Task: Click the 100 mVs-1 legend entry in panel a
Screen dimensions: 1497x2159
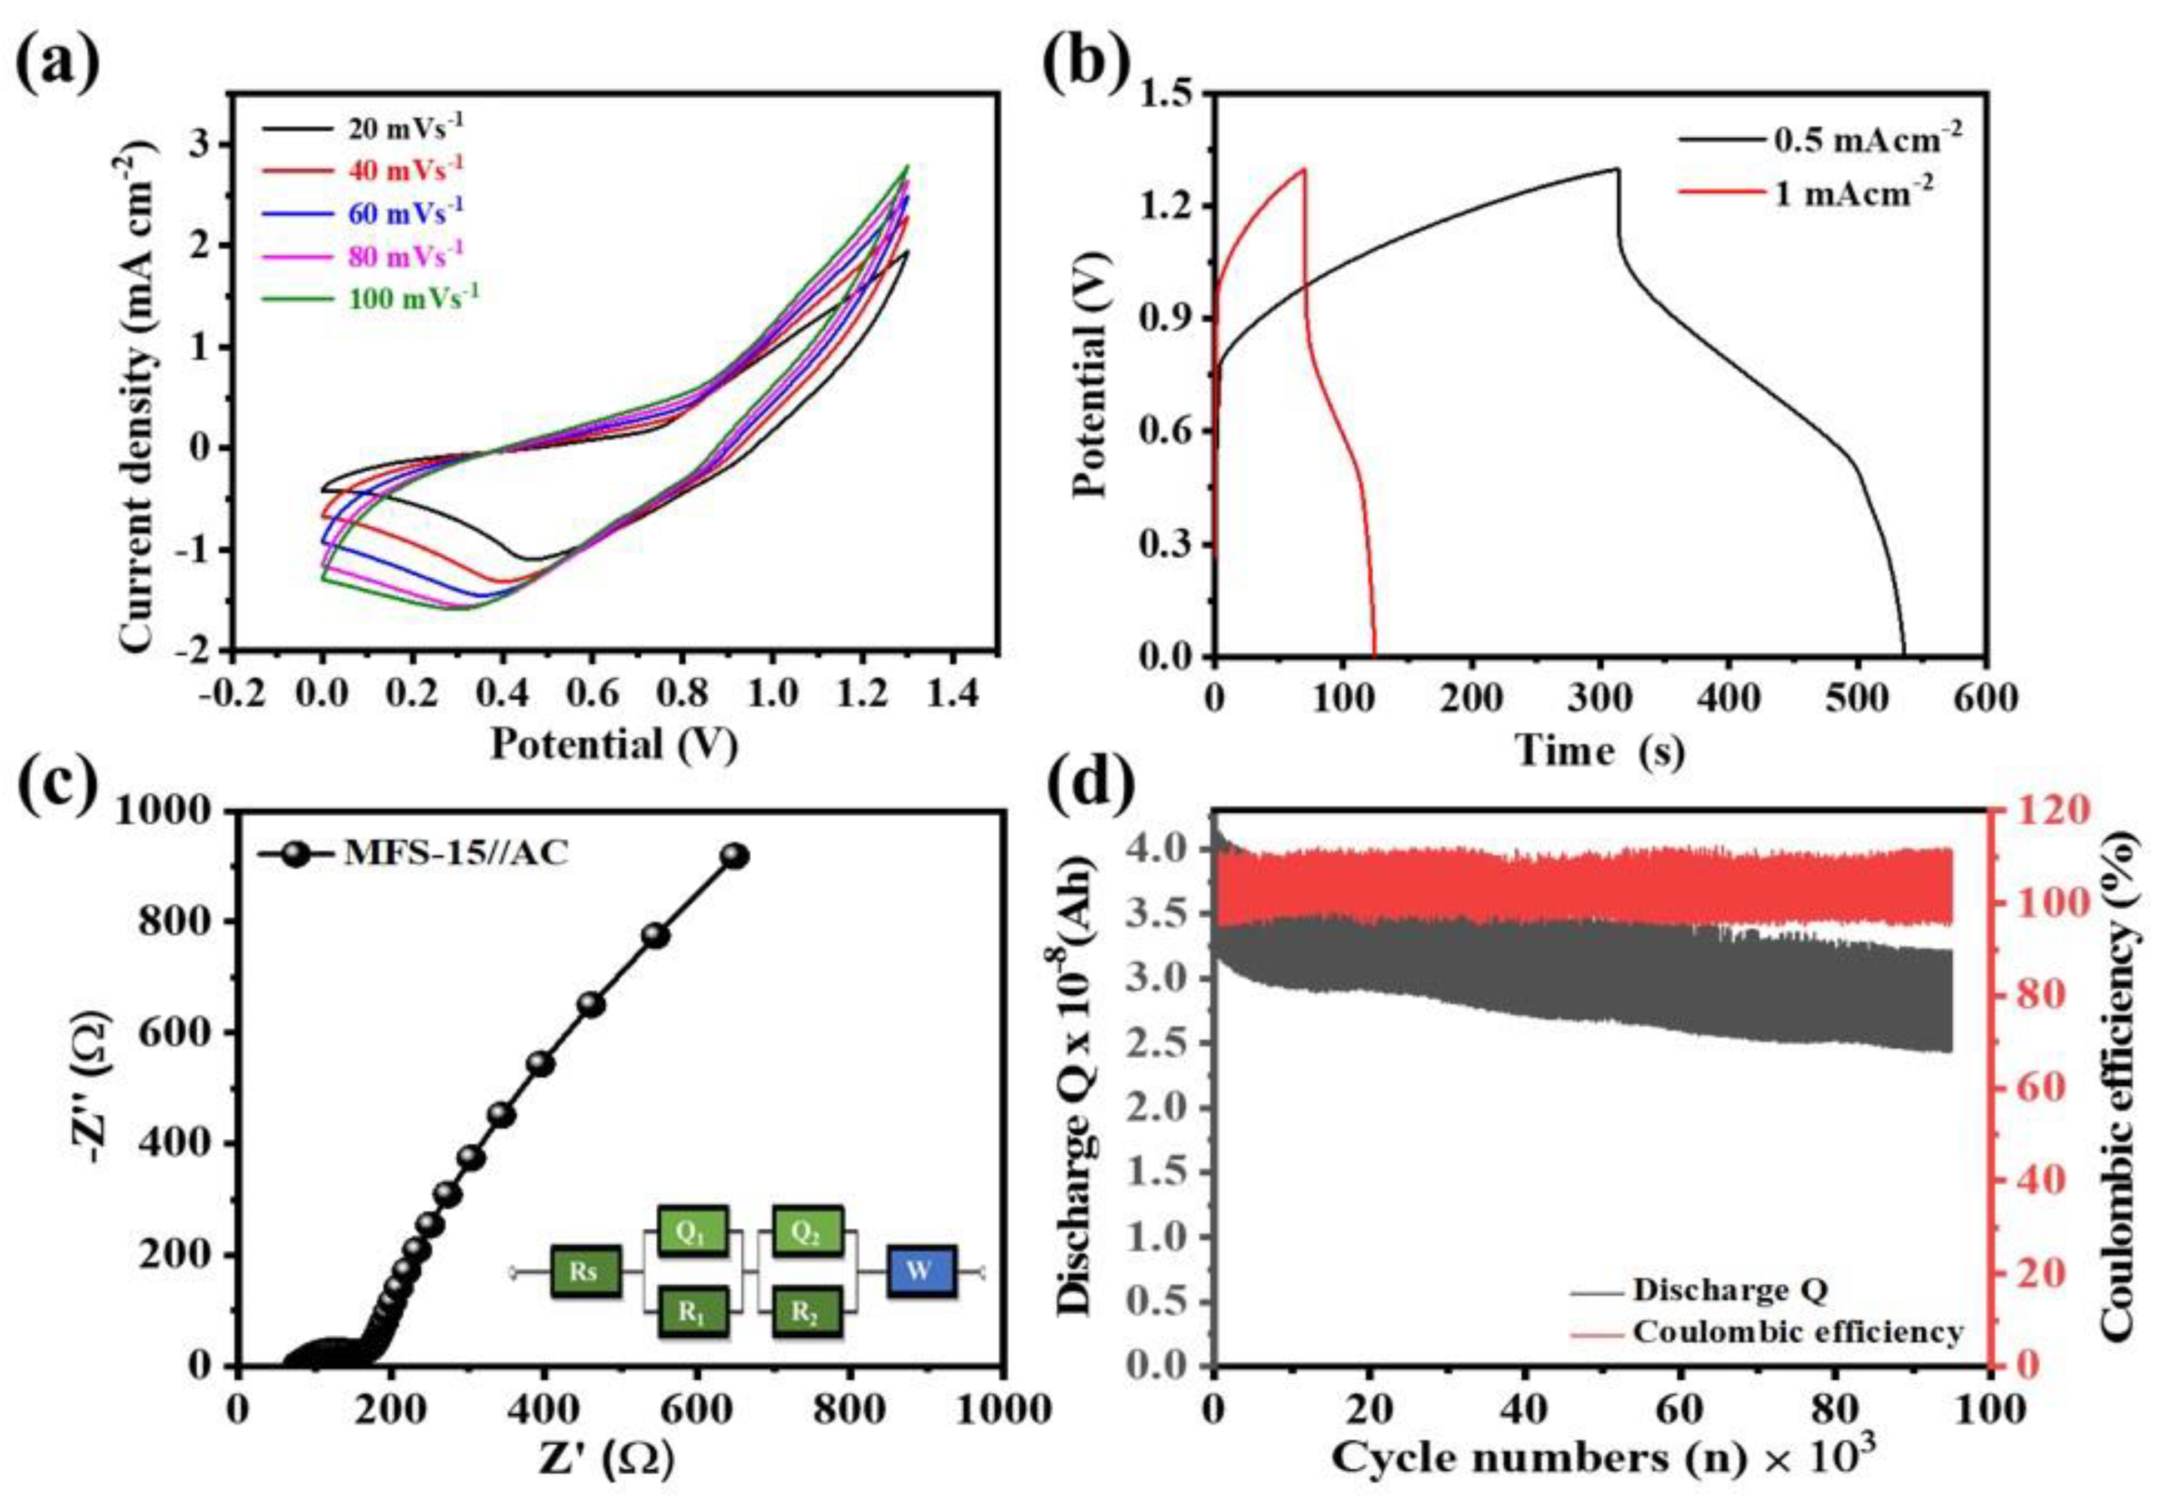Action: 413,298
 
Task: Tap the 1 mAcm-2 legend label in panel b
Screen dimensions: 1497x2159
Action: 1854,194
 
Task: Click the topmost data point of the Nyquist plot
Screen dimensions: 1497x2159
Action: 733,855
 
